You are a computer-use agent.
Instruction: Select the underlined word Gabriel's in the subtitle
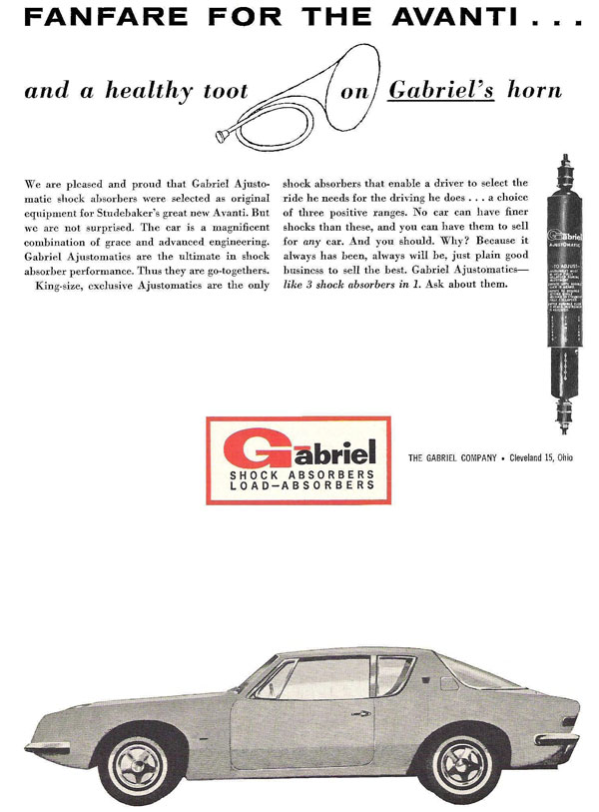[x=427, y=90]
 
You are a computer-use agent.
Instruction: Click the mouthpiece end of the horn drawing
[x=222, y=131]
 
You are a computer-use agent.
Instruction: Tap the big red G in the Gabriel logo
[x=254, y=448]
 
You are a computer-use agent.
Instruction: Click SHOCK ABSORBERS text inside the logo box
[x=301, y=473]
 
